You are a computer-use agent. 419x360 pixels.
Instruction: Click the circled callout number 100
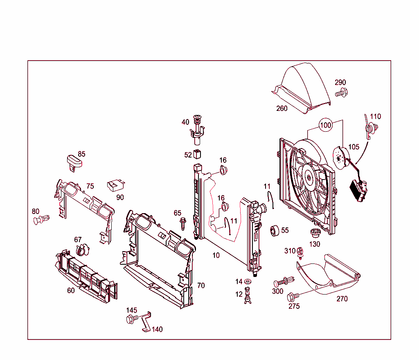tap(325, 125)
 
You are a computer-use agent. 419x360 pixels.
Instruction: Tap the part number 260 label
tap(282, 108)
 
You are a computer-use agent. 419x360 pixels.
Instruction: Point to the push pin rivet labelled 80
tap(41, 220)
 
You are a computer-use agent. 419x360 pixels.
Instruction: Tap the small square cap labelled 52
tap(198, 154)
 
